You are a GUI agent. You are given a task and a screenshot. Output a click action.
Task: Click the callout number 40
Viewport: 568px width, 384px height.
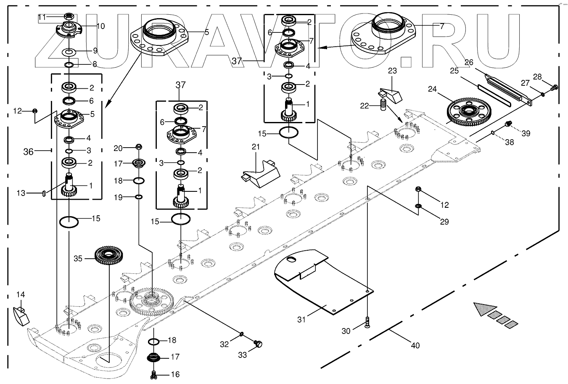pos(415,345)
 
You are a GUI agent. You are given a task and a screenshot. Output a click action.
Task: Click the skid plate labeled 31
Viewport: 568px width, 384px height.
pos(320,281)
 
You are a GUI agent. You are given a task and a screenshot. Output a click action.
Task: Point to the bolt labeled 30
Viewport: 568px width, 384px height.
pos(367,323)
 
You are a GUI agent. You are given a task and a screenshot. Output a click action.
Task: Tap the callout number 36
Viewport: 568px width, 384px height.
pos(28,152)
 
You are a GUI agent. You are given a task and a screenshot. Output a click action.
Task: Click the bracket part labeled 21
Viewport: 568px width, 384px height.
pos(260,173)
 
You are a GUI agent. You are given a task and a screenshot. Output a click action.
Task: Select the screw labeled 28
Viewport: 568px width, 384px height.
pos(554,87)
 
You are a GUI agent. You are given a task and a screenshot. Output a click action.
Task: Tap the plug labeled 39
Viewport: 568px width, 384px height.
pos(508,124)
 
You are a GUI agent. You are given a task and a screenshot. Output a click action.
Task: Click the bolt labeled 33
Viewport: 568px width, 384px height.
pos(258,344)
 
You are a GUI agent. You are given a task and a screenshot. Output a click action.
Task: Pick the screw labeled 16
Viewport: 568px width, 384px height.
pos(154,373)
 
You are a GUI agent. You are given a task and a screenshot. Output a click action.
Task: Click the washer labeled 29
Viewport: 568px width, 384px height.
pos(418,206)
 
